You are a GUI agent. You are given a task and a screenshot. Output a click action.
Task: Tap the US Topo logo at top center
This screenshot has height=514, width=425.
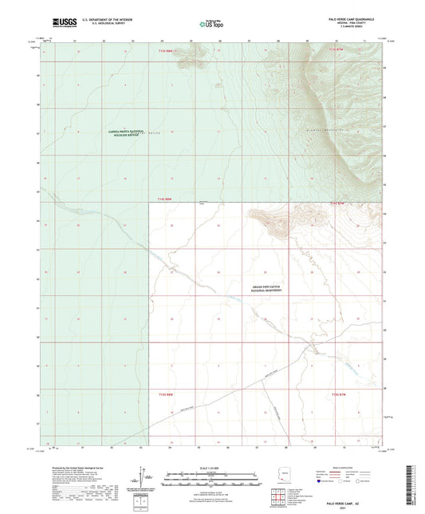pyautogui.click(x=210, y=25)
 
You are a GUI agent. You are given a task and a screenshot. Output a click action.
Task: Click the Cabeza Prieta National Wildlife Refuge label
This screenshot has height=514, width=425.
pyautogui.click(x=121, y=132)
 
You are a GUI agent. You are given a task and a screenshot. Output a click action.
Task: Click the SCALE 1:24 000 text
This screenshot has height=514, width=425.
pyautogui.click(x=212, y=468)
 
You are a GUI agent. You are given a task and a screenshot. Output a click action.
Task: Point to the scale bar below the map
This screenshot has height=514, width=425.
pyautogui.click(x=212, y=475)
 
